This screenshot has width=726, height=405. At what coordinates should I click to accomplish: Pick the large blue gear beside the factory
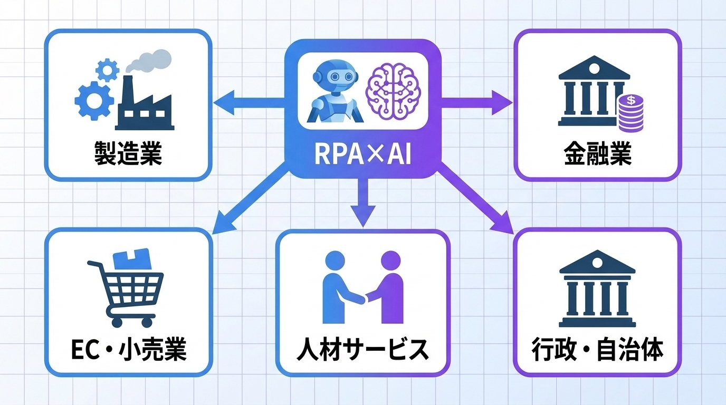92,101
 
